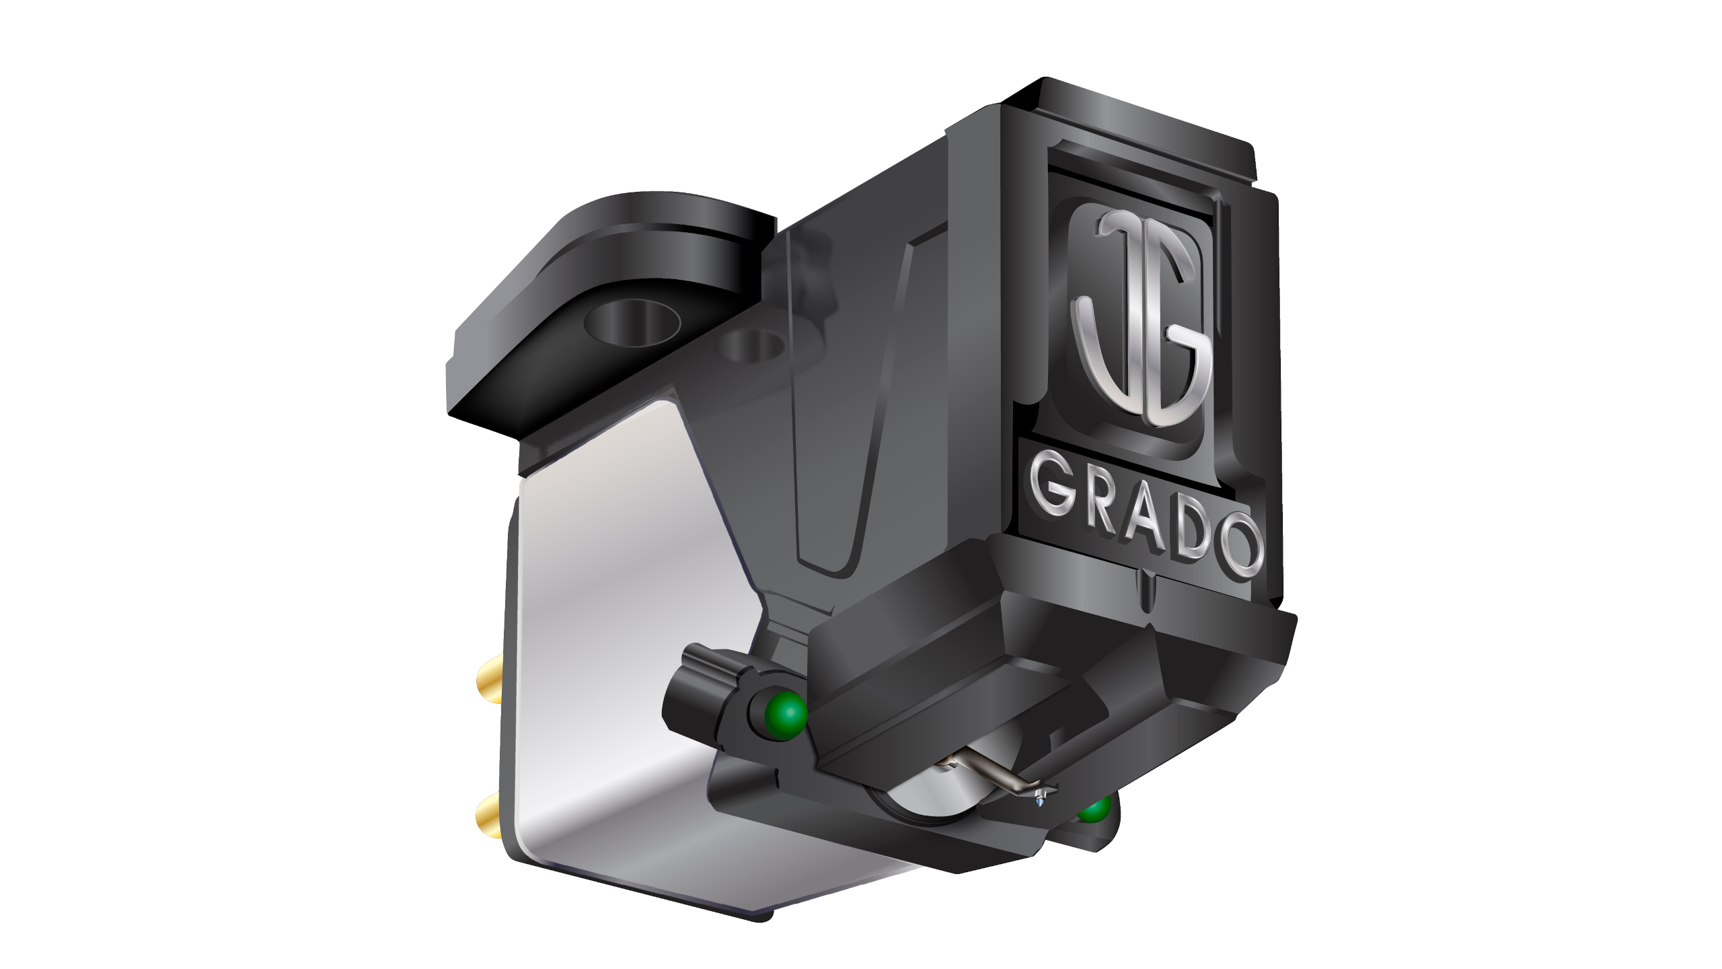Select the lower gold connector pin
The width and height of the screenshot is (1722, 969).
[489, 820]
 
